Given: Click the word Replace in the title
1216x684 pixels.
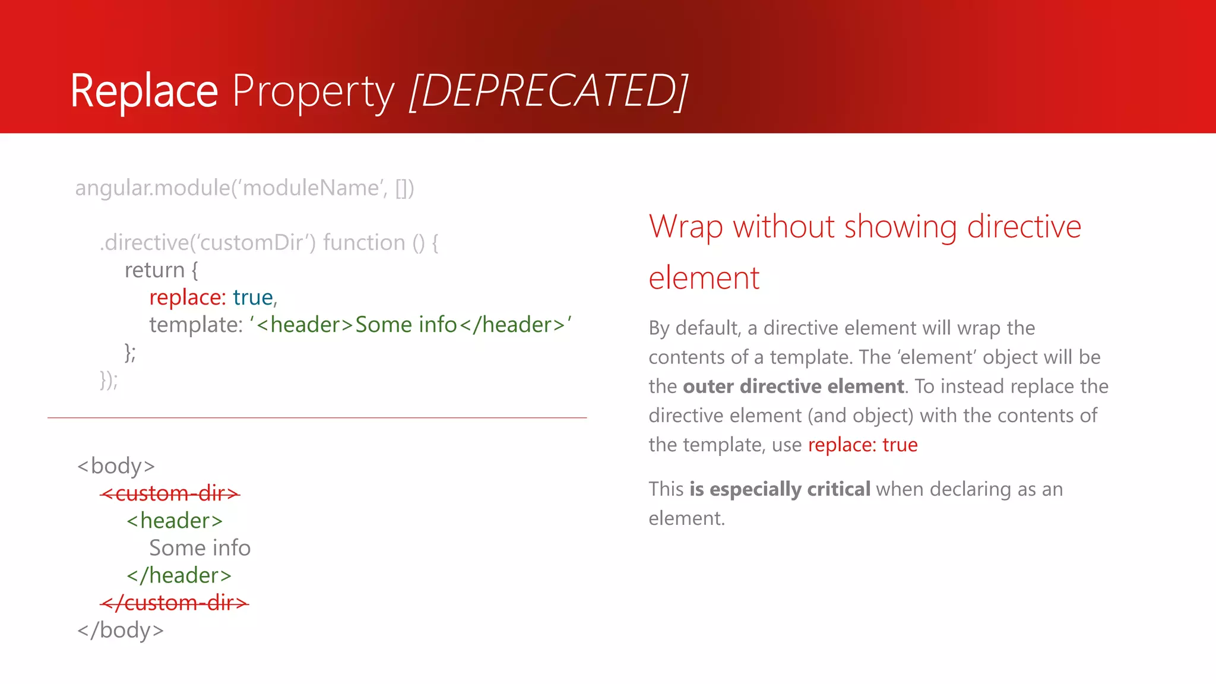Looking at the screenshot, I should point(144,91).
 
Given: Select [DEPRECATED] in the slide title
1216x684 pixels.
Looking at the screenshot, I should point(549,91).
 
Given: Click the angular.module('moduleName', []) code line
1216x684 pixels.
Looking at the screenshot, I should point(244,188).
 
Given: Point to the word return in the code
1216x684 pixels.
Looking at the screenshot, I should point(154,270).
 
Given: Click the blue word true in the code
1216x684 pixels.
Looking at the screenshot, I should point(252,297).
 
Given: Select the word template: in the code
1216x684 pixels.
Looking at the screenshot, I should point(196,325).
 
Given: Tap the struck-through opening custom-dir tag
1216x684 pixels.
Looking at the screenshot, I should point(170,493).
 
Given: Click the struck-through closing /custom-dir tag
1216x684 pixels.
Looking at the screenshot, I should point(174,603).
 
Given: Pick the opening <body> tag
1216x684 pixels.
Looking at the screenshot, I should point(116,466).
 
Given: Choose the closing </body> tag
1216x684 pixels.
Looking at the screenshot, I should point(120,630).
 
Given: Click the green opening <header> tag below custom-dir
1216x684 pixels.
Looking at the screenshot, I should point(175,521).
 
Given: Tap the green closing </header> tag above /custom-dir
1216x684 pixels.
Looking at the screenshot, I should point(179,575).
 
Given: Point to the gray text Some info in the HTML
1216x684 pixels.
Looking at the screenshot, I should point(199,548).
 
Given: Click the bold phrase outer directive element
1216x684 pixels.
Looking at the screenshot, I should point(793,387).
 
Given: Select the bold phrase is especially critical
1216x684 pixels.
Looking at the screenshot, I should point(780,489).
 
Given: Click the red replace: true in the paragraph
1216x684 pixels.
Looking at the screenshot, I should point(862,445).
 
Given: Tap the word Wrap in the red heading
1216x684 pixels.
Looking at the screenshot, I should point(685,227).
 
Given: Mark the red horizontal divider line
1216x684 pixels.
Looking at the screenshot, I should point(317,418).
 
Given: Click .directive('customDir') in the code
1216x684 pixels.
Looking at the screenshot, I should point(208,243).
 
